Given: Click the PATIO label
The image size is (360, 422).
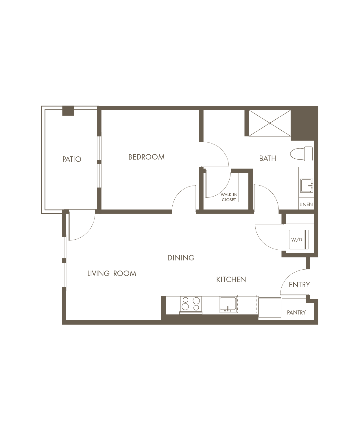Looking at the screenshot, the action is [x=72, y=159].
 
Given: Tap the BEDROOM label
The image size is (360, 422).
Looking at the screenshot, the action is [x=146, y=157].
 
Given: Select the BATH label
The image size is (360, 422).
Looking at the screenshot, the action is [x=267, y=158].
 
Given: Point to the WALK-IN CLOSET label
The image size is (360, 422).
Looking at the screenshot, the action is [x=229, y=197].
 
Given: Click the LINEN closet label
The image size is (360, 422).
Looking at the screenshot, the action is [x=306, y=204].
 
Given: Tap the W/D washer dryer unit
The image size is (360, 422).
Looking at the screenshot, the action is [x=298, y=240].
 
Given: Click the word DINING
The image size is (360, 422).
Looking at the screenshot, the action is [x=181, y=258].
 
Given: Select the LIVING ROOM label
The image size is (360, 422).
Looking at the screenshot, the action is [x=112, y=273].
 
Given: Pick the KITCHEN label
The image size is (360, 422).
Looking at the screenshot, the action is [x=231, y=280].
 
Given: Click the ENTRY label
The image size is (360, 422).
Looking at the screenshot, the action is [x=299, y=285].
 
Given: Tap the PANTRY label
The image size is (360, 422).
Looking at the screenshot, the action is [x=296, y=312].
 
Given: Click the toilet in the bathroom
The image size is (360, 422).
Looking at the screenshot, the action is [x=301, y=154].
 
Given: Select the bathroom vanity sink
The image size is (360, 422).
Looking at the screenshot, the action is [x=307, y=186].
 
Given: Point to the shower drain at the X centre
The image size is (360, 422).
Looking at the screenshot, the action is [x=270, y=123].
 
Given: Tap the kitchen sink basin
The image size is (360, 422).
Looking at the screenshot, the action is [x=228, y=304].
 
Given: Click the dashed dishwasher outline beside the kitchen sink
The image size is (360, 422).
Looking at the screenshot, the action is [x=247, y=304].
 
